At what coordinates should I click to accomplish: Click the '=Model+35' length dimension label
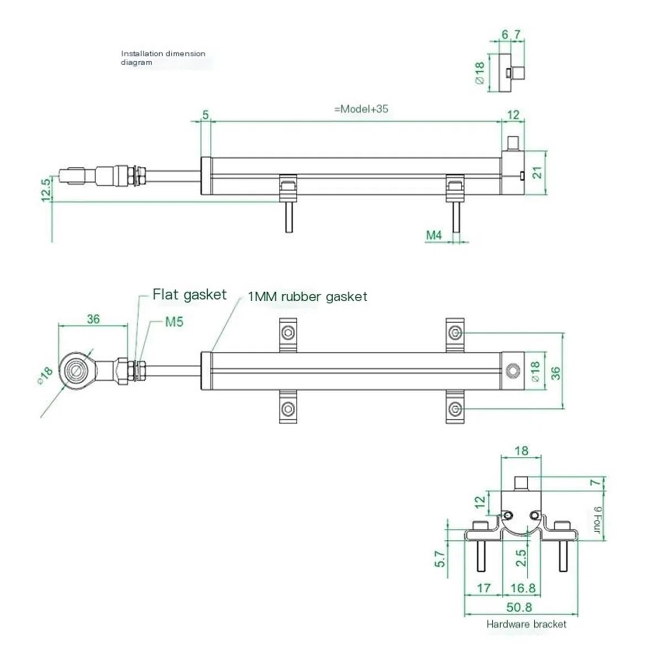361,109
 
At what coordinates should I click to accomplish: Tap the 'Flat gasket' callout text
190,294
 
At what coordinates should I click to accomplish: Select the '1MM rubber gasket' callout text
307,297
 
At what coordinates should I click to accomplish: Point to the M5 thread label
174,322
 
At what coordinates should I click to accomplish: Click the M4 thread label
434,235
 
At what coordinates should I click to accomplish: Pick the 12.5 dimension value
46,190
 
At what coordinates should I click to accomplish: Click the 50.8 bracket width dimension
519,607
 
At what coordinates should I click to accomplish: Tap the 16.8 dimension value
523,588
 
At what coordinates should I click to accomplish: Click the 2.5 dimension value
521,557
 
